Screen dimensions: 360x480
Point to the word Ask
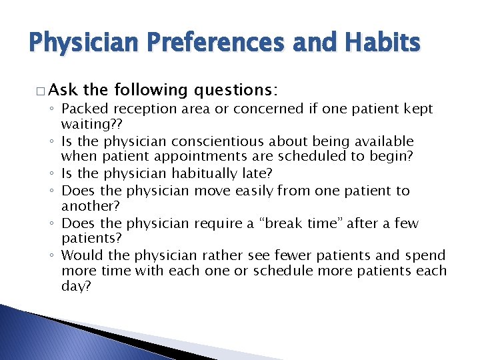pos(63,90)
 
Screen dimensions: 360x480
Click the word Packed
pos(81,109)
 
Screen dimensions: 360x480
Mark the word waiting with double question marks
pos(86,125)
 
